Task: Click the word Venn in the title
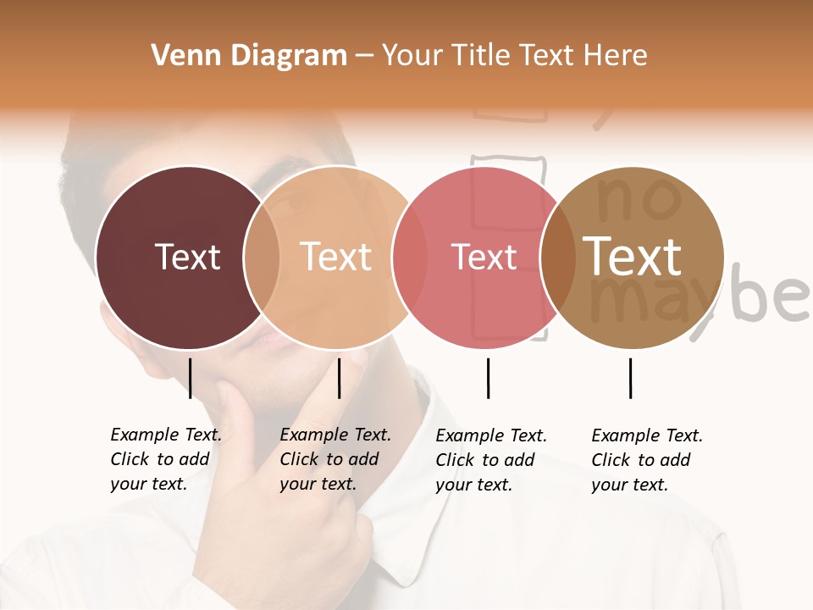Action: [x=181, y=56]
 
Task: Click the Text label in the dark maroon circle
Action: [x=187, y=257]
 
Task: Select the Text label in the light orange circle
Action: [x=336, y=257]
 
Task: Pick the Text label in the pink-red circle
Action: [x=484, y=257]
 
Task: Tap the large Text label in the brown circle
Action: [x=632, y=257]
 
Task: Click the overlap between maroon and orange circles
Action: [x=262, y=257]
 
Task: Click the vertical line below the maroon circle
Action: [x=191, y=378]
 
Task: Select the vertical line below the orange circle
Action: [x=339, y=378]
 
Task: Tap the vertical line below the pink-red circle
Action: [x=488, y=378]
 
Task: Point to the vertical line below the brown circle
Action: [x=631, y=378]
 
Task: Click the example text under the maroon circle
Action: [x=165, y=459]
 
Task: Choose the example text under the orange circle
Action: [x=335, y=459]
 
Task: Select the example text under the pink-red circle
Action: [x=490, y=460]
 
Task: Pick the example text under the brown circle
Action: [x=646, y=460]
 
